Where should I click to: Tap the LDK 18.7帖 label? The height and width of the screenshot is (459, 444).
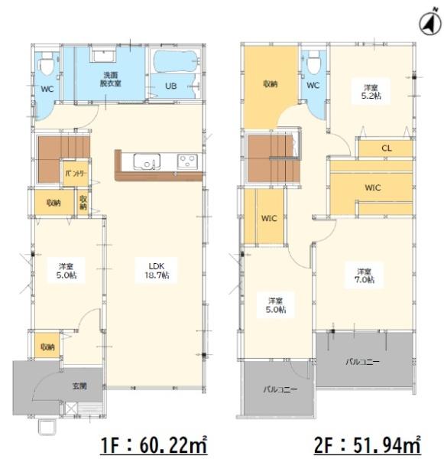pyautogui.click(x=157, y=271)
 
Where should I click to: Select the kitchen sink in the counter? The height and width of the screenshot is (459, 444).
pyautogui.click(x=147, y=161)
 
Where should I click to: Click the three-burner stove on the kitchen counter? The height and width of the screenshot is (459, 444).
pyautogui.click(x=187, y=161)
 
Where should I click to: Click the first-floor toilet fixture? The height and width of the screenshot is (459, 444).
pyautogui.click(x=47, y=64)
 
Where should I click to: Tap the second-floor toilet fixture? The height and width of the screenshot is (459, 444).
pyautogui.click(x=314, y=63)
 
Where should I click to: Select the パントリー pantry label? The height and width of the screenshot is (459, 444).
pyautogui.click(x=76, y=174)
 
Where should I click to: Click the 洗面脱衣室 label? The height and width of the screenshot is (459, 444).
pyautogui.click(x=111, y=80)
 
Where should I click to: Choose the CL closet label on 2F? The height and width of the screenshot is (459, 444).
pyautogui.click(x=387, y=148)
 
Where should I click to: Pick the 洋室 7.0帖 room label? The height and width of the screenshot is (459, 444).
pyautogui.click(x=365, y=275)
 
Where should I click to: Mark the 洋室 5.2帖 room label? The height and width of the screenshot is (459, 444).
pyautogui.click(x=371, y=92)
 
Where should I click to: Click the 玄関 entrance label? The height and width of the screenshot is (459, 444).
pyautogui.click(x=79, y=386)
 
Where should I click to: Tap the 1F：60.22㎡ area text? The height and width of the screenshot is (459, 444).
pyautogui.click(x=154, y=444)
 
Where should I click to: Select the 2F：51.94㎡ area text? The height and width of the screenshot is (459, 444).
pyautogui.click(x=368, y=444)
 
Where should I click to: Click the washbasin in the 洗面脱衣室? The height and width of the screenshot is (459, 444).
pyautogui.click(x=104, y=55)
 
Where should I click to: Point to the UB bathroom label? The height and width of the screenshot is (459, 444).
pyautogui.click(x=171, y=86)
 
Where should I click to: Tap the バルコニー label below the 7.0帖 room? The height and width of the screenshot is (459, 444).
pyautogui.click(x=363, y=362)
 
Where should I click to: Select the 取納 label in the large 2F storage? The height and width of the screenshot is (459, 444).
pyautogui.click(x=271, y=84)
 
